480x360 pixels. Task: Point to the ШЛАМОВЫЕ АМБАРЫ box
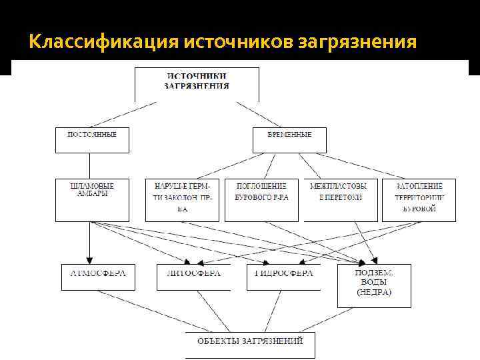pyautogui.click(x=92, y=199)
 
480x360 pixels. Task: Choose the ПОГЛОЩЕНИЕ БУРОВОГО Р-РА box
pyautogui.click(x=261, y=199)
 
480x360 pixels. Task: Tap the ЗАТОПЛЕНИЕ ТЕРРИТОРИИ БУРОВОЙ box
pyautogui.click(x=419, y=199)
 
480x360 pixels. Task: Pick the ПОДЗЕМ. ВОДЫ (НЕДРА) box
pyautogui.click(x=374, y=285)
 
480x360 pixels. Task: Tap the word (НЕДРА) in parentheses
pyautogui.click(x=374, y=292)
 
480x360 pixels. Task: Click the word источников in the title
pyautogui.click(x=229, y=43)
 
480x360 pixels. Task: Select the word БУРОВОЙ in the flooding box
pyautogui.click(x=419, y=209)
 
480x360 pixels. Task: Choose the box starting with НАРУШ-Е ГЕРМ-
pyautogui.click(x=182, y=199)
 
